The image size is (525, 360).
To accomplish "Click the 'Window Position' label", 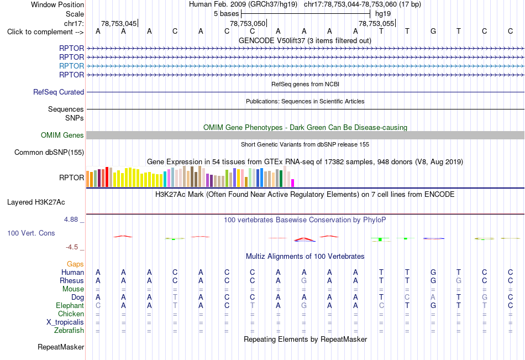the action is (57, 4).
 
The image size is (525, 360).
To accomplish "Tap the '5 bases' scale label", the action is (227, 14).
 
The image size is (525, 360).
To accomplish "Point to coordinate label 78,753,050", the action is (248, 23).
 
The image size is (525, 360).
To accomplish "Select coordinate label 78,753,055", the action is (376, 23).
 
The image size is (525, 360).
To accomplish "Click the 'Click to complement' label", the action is (40, 32).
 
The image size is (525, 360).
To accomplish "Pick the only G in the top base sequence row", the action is (433, 31).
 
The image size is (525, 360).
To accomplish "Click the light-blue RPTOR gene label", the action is (72, 66).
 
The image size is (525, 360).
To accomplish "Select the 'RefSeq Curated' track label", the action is (59, 92).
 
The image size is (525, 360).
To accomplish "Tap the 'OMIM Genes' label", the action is (62, 135).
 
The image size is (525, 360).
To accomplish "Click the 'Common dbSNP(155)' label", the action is (49, 153).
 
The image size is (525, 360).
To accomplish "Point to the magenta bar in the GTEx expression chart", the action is (292, 183).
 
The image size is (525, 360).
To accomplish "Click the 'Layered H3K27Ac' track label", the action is (36, 202).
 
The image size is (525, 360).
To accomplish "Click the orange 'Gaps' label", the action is (75, 264).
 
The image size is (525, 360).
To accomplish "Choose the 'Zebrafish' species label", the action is (69, 331).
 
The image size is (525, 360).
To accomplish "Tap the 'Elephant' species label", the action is (70, 306).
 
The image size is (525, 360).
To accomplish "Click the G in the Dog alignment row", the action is (484, 298).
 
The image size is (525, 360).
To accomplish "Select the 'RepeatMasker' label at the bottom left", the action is (61, 347).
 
